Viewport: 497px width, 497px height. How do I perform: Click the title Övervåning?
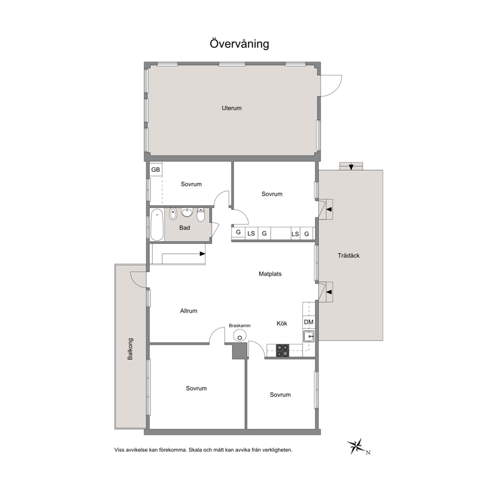click(x=239, y=44)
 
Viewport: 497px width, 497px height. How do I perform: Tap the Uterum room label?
click(x=231, y=108)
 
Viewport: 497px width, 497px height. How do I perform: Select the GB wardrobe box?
click(x=156, y=169)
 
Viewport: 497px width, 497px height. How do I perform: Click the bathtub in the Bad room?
click(x=157, y=225)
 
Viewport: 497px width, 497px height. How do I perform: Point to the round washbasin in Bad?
click(x=187, y=212)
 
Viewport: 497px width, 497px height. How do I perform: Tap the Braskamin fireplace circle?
click(x=239, y=336)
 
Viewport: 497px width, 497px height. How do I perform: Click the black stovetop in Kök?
click(x=283, y=351)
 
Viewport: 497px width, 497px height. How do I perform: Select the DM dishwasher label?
click(x=309, y=322)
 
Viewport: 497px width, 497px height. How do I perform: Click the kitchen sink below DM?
click(x=309, y=336)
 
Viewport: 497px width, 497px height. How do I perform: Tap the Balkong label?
click(x=130, y=349)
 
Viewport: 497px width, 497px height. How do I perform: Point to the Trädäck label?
click(x=348, y=256)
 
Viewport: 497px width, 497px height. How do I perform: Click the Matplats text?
click(x=270, y=274)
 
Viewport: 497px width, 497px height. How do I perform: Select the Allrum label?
click(x=188, y=311)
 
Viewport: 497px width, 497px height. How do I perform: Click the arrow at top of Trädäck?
click(x=351, y=167)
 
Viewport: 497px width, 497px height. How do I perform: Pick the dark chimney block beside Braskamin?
click(x=239, y=351)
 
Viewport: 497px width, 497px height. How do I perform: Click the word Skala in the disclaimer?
click(x=195, y=450)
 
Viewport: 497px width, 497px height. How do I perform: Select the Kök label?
click(x=282, y=323)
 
